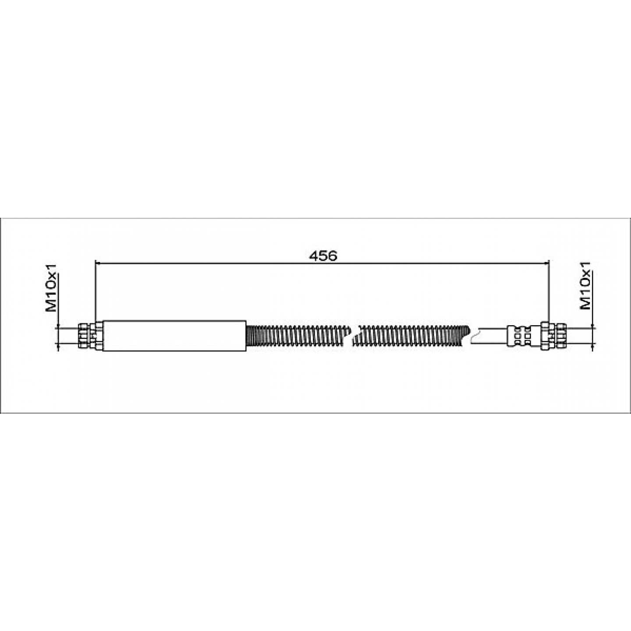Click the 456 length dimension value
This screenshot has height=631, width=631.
click(323, 256)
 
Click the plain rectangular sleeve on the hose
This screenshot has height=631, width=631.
click(174, 336)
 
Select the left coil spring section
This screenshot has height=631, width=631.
click(299, 337)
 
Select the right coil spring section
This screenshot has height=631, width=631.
click(411, 337)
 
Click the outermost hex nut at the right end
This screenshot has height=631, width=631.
click(560, 336)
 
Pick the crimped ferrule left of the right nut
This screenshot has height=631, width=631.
click(519, 336)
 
